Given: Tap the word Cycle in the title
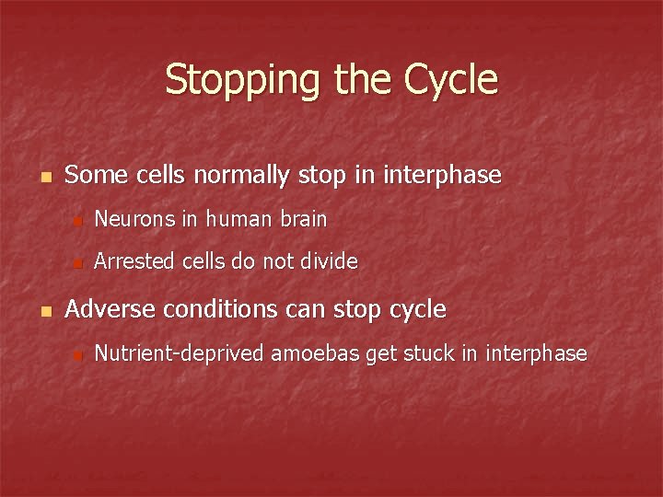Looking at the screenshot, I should coord(450,81).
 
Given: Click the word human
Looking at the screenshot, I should coord(238,219).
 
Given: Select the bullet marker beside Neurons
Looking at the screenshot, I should coord(78,221).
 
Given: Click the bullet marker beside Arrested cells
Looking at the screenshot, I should coord(78,263).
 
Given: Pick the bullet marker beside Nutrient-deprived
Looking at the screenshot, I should coord(78,355).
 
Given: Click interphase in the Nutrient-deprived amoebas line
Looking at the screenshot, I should coord(535,353).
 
